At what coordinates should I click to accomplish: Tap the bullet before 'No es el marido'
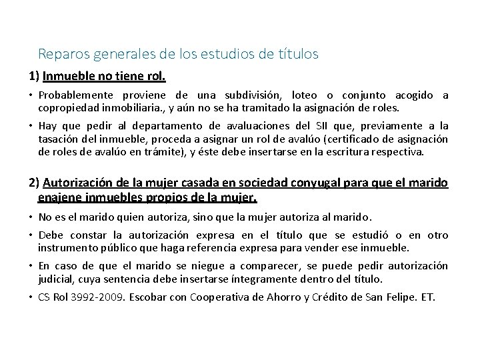point(31,216)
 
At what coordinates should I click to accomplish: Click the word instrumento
point(69,247)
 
